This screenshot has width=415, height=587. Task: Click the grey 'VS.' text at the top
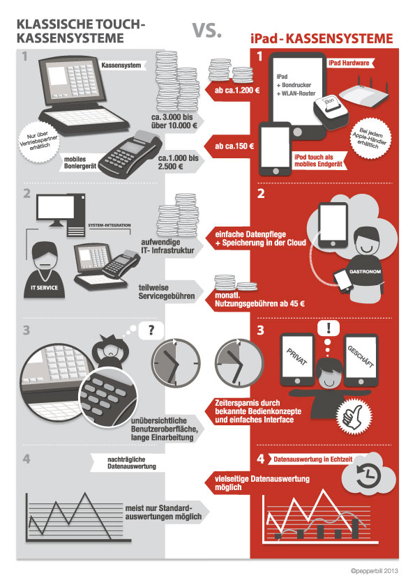tap(207, 30)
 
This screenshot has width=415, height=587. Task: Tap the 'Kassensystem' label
tap(121, 65)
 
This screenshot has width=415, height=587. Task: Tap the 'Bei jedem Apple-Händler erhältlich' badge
tap(368, 138)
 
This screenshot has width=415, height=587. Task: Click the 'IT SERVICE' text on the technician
tap(44, 287)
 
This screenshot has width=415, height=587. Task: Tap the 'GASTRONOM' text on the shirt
tap(365, 271)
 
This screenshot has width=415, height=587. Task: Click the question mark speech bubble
tap(151, 330)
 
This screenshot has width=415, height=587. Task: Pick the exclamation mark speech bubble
tap(329, 328)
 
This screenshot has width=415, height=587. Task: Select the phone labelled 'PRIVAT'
tap(297, 360)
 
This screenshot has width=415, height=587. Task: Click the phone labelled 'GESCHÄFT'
tap(361, 360)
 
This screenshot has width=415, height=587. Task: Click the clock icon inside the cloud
tap(368, 475)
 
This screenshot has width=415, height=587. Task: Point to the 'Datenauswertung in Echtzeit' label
tap(312, 459)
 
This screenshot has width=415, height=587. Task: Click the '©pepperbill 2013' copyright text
tap(374, 571)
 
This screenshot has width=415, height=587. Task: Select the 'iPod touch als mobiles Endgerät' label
tap(318, 160)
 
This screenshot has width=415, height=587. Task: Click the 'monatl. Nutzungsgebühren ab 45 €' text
tap(259, 300)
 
